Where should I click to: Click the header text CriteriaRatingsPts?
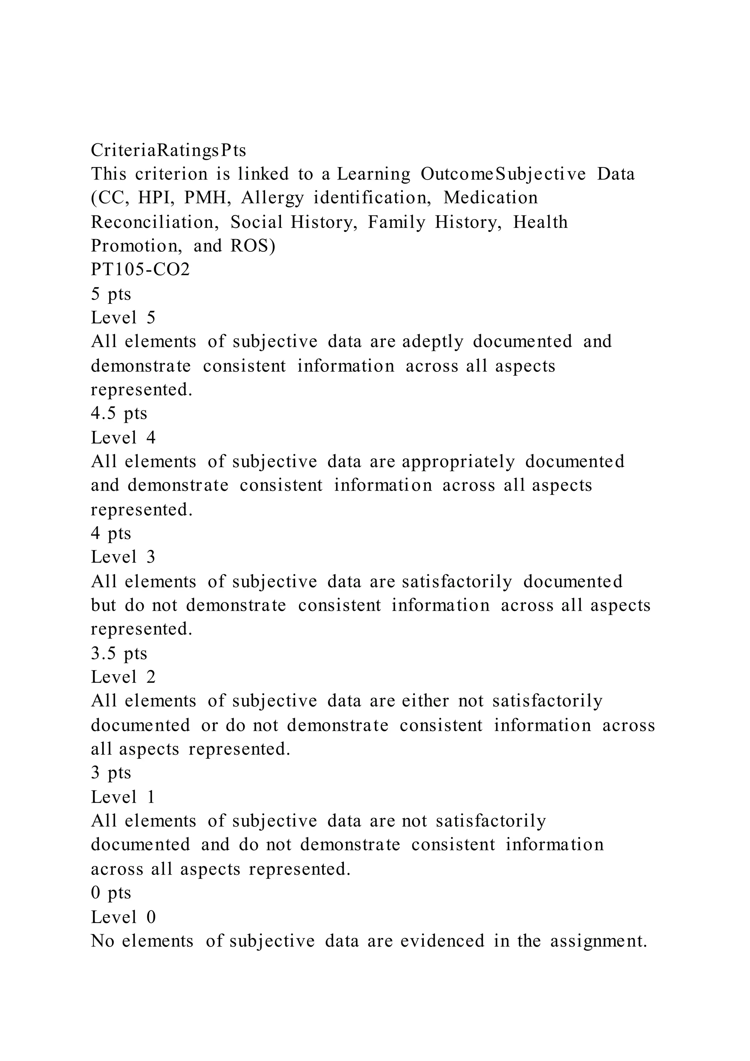point(168,150)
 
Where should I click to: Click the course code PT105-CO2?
point(140,269)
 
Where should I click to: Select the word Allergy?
point(272,198)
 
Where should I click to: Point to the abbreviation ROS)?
point(253,245)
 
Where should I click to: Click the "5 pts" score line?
point(111,294)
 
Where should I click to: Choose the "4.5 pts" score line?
point(119,413)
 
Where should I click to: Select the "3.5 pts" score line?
point(119,654)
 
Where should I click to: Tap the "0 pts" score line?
point(111,892)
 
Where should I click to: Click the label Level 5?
point(123,318)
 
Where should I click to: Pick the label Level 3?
point(123,557)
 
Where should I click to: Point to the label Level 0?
point(123,917)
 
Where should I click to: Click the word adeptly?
point(432,342)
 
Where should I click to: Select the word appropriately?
point(458,462)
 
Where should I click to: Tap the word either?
point(425,701)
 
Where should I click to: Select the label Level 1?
point(123,797)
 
